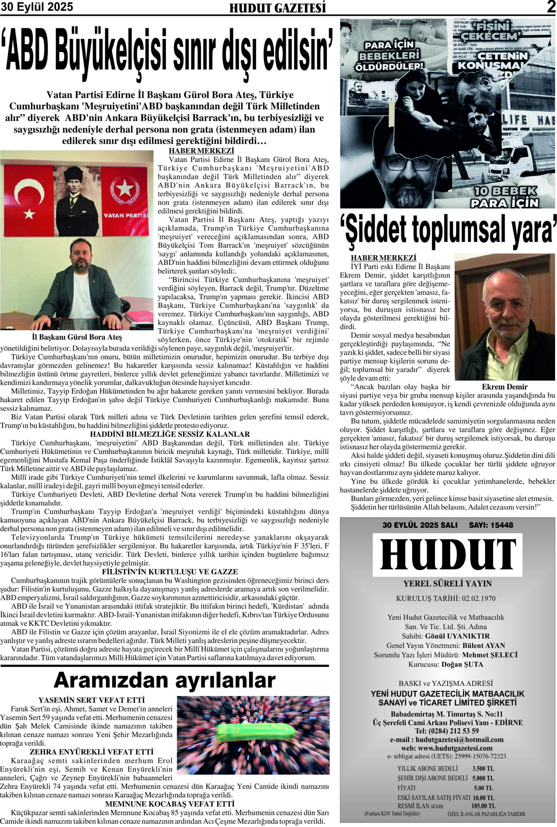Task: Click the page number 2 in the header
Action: click(551, 7)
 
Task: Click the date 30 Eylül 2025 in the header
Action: click(37, 7)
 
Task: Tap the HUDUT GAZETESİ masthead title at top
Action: click(278, 8)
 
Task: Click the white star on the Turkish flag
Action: click(29, 213)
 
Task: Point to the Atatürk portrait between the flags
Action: click(77, 201)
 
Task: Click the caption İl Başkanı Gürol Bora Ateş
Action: click(77, 337)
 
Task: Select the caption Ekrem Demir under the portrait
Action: click(504, 387)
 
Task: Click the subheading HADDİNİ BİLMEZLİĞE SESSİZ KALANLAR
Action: click(170, 434)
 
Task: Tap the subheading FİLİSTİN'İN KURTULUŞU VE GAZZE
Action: click(170, 572)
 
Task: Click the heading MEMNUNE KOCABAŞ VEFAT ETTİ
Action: click(170, 803)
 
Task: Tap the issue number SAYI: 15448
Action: click(491, 525)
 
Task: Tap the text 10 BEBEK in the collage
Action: click(505, 191)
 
